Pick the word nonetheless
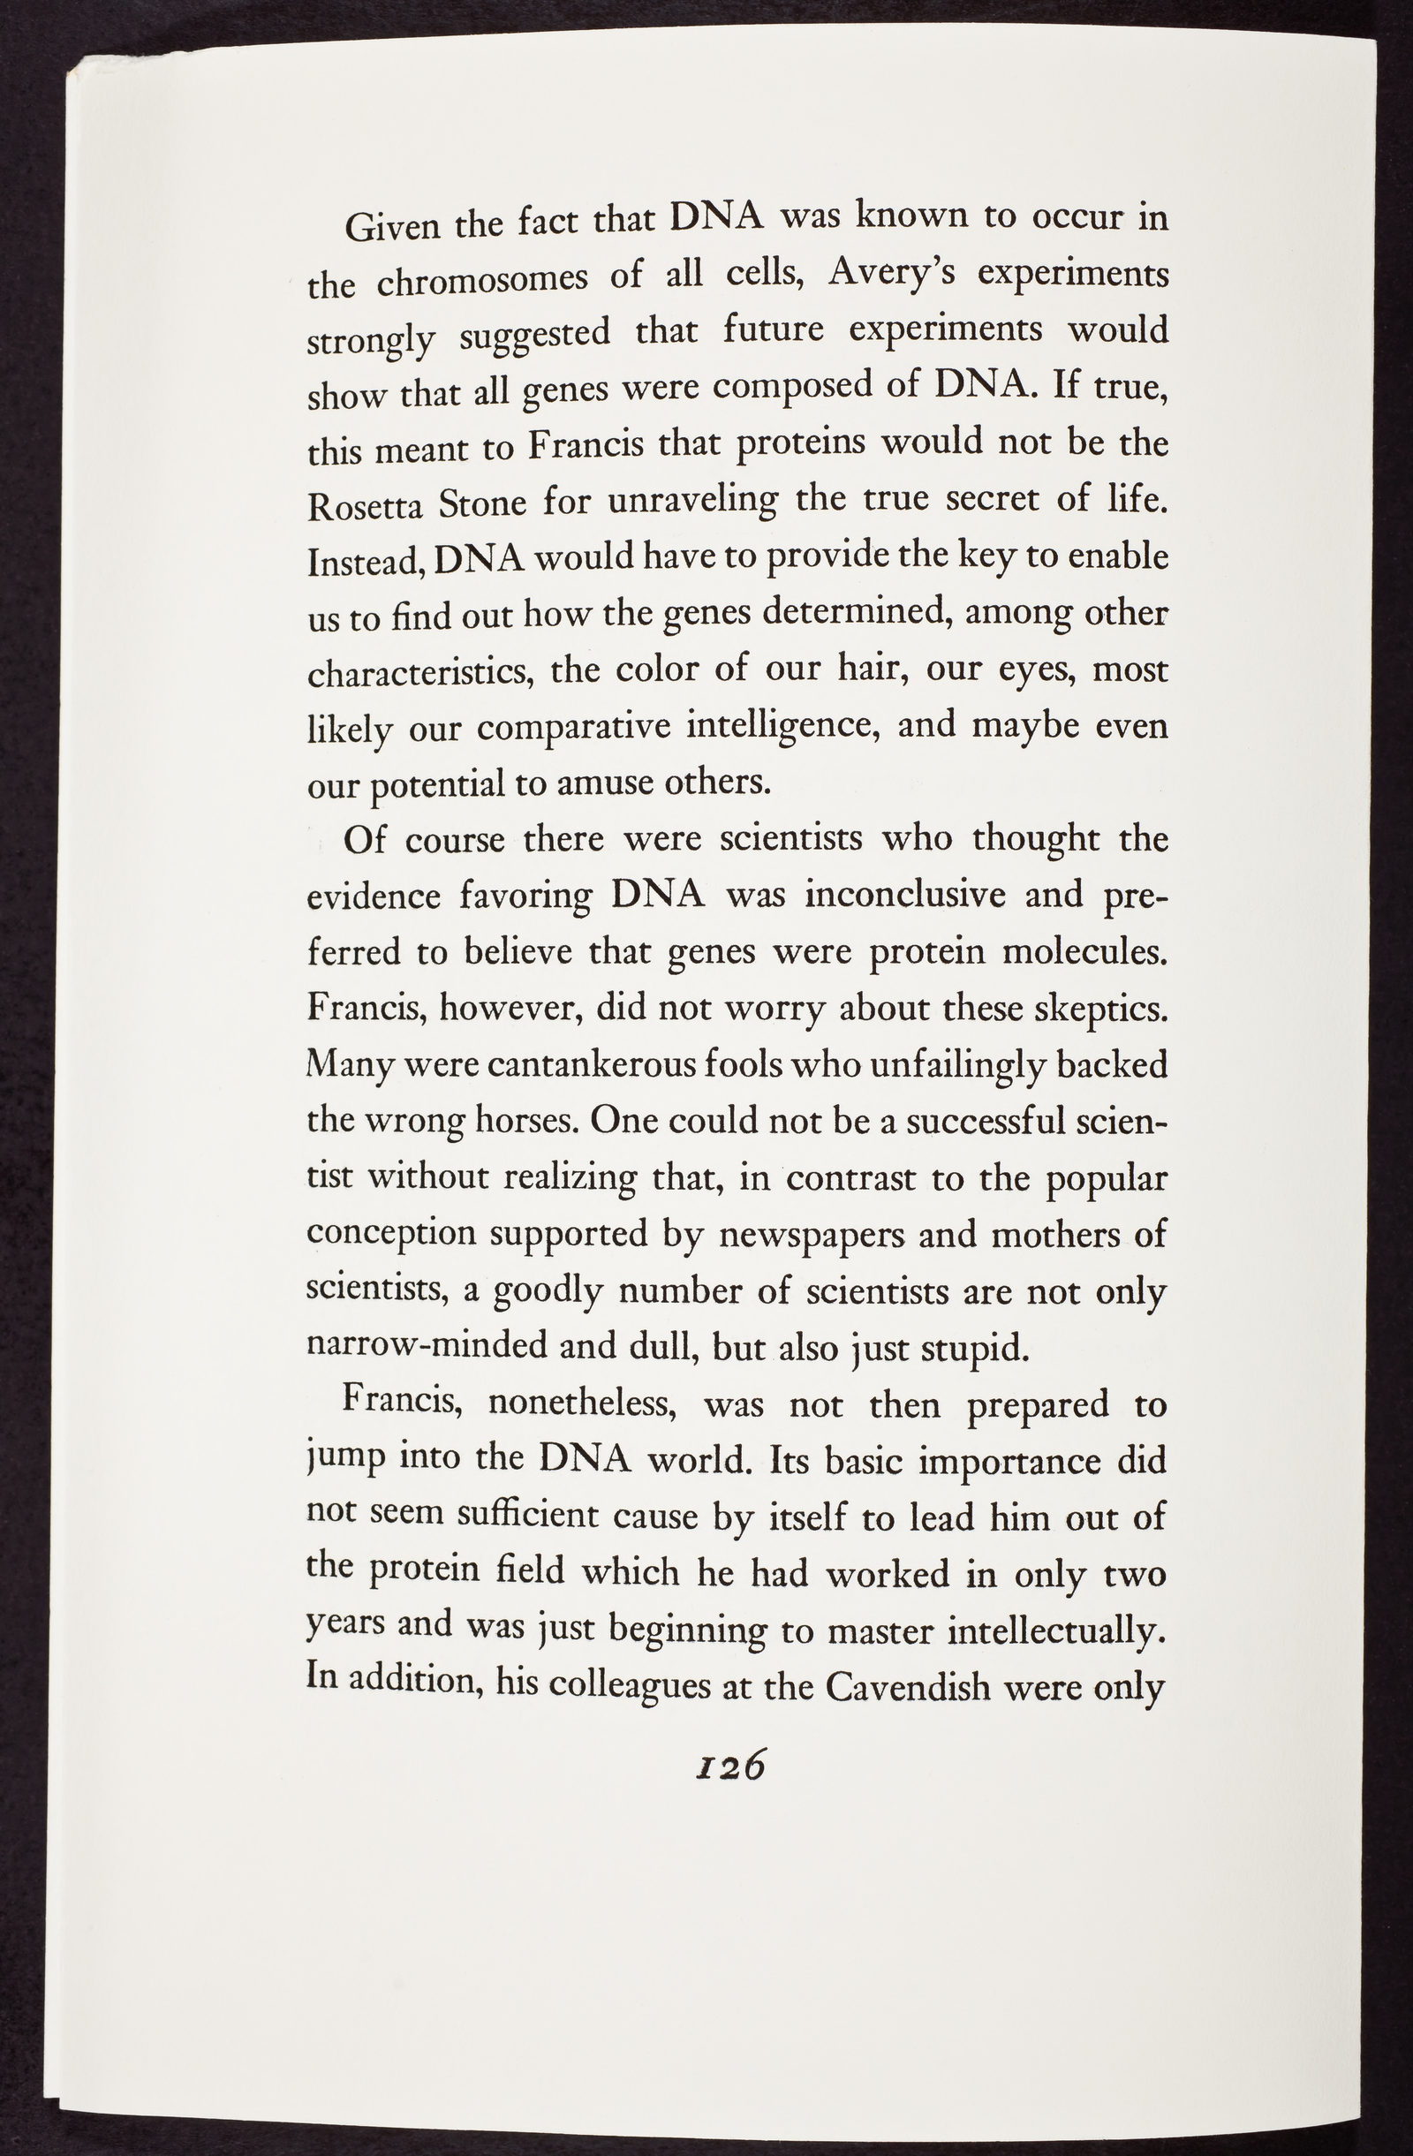pos(579,1405)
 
